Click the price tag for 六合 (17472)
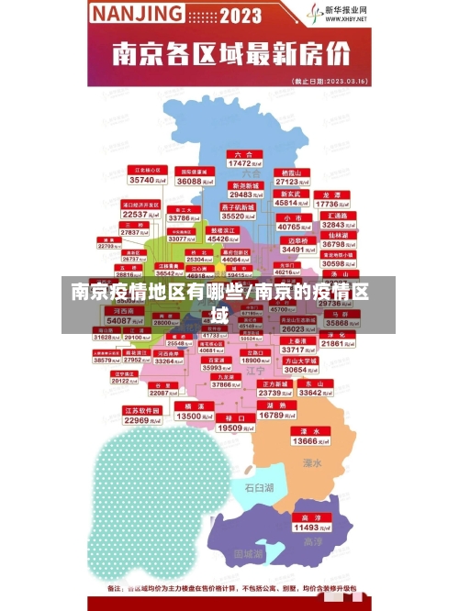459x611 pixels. pyautogui.click(x=242, y=160)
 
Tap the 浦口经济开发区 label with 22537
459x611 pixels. pyautogui.click(x=140, y=210)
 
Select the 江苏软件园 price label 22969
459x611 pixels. pyautogui.click(x=142, y=416)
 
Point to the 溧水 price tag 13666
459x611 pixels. pyautogui.click(x=304, y=436)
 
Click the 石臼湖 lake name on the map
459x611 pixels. pyautogui.click(x=259, y=487)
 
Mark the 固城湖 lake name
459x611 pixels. pyautogui.click(x=248, y=554)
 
